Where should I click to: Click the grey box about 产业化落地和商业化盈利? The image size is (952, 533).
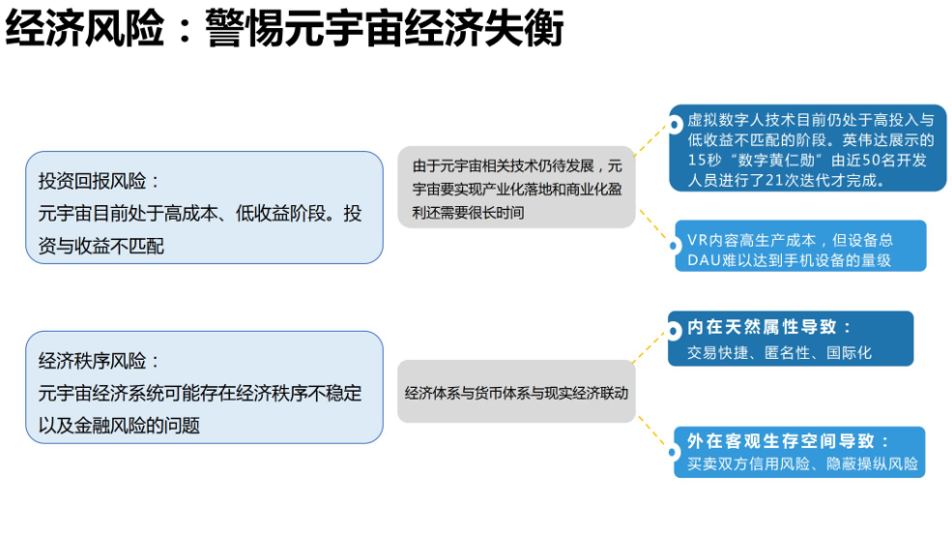pyautogui.click(x=516, y=188)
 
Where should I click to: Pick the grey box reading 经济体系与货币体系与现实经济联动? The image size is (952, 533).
pyautogui.click(x=516, y=393)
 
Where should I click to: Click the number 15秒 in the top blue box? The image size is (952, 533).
pyautogui.click(x=706, y=160)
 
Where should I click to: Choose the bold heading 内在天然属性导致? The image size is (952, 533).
pyautogui.click(x=769, y=328)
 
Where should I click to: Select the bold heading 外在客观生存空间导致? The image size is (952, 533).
pyautogui.click(x=788, y=441)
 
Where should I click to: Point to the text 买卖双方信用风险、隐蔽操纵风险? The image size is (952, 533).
pyautogui.click(x=802, y=464)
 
